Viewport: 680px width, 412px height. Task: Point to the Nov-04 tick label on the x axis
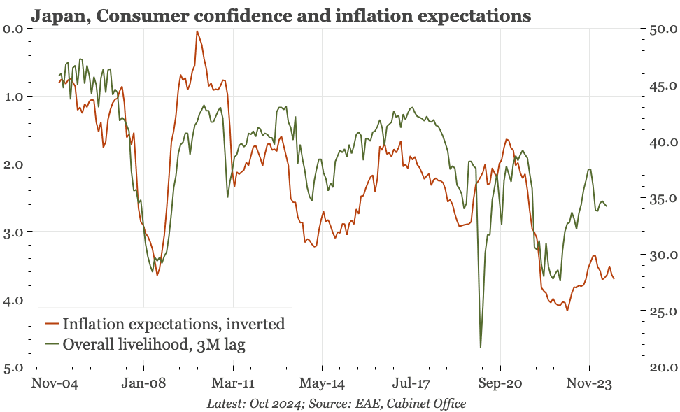55,383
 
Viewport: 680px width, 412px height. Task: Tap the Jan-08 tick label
143,383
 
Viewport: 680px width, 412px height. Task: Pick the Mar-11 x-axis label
232,383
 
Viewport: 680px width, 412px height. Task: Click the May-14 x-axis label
322,383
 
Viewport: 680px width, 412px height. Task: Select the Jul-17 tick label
411,383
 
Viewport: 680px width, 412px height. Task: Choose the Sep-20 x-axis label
500,383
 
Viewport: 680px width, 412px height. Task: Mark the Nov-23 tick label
589,383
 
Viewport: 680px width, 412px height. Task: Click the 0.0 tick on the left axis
13,28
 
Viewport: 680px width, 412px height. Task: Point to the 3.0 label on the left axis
13,232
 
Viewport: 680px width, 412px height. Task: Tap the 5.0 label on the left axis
13,367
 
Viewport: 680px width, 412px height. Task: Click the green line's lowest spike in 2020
481,346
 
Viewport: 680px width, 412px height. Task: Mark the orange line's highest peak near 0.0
197,31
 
